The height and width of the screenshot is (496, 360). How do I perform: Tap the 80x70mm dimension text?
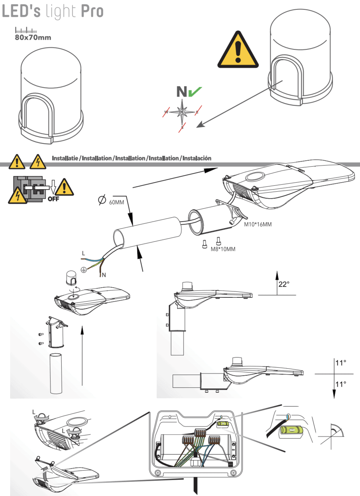[x=33, y=38]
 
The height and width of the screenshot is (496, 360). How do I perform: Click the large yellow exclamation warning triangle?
[x=238, y=49]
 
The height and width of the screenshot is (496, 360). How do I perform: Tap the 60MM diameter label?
[x=116, y=202]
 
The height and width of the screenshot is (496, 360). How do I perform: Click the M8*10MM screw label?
[x=223, y=248]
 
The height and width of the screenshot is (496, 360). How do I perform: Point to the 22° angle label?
[x=284, y=284]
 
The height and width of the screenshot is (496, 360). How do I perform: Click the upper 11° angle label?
[x=341, y=363]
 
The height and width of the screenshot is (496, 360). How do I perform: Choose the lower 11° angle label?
[x=341, y=384]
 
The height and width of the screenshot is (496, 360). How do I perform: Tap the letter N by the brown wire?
[x=104, y=275]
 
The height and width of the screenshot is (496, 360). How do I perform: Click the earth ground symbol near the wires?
[x=83, y=269]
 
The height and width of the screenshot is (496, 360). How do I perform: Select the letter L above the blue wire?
[x=83, y=253]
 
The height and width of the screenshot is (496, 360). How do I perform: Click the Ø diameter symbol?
[x=101, y=200]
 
